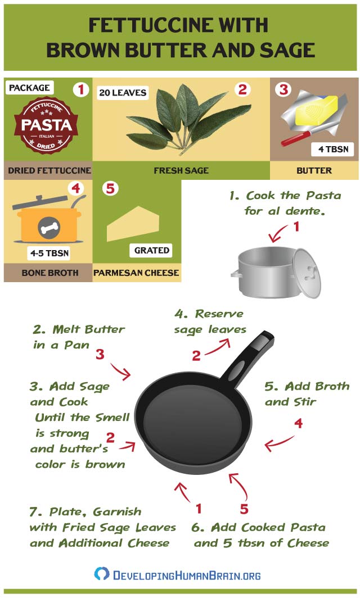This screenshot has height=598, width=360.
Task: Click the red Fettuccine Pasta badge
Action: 46,125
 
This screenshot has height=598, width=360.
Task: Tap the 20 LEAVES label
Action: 123,93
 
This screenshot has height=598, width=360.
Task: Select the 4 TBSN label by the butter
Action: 333,149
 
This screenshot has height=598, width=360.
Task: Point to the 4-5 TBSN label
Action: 49,253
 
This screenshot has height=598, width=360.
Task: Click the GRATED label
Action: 151,250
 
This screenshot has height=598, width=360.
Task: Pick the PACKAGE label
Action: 29,88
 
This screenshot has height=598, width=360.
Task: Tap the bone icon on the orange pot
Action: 49,228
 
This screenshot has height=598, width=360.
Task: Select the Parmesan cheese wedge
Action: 133,224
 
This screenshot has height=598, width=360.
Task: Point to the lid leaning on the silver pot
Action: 307,273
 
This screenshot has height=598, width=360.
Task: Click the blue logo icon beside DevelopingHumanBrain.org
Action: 102,574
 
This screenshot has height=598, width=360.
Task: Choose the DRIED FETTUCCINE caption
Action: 49,170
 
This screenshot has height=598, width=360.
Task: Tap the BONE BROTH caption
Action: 50,273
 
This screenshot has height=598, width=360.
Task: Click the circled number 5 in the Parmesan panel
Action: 110,188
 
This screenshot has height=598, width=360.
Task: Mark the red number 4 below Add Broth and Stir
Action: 299,423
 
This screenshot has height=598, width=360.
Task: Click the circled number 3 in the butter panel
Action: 283,89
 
